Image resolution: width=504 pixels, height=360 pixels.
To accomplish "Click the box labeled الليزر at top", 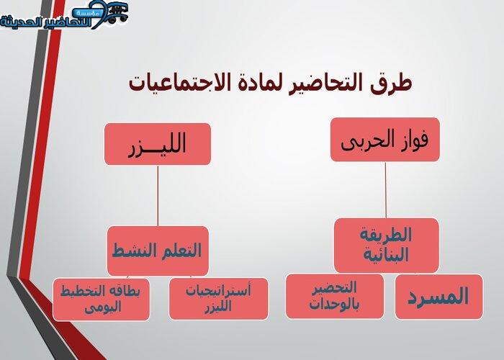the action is coord(158,144).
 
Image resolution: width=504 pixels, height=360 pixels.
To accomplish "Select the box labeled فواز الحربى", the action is coord(385,140).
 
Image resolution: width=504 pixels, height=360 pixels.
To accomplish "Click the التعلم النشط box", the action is coord(158,251).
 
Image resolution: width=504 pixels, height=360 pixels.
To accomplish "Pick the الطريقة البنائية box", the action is coord(387,246).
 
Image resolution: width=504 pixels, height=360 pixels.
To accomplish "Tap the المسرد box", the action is coord(438,297).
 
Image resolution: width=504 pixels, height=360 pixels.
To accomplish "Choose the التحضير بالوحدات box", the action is coord(335,297).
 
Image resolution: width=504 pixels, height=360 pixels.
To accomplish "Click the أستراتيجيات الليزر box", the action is coord(219,299).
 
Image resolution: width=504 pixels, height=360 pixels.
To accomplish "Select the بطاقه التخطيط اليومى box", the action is coord(102,300).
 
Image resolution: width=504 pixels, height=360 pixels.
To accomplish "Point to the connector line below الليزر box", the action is coord(158,195).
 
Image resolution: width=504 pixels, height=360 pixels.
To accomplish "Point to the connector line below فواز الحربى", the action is coord(386,189).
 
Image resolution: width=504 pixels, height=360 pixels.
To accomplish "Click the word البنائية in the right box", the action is coord(386,255).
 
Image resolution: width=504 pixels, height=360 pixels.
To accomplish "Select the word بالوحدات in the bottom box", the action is coord(334,304).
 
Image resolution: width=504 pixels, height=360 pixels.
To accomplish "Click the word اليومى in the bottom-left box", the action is coord(103,307).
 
